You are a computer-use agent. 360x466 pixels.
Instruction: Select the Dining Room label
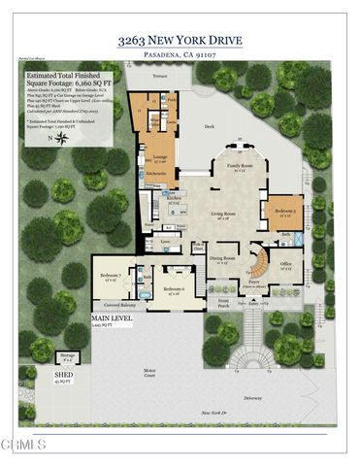point(223,259)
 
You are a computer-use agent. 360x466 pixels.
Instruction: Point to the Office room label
point(286,263)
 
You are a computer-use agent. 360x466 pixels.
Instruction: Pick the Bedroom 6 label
point(175,289)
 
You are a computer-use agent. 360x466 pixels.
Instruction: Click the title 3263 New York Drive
point(180,42)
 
